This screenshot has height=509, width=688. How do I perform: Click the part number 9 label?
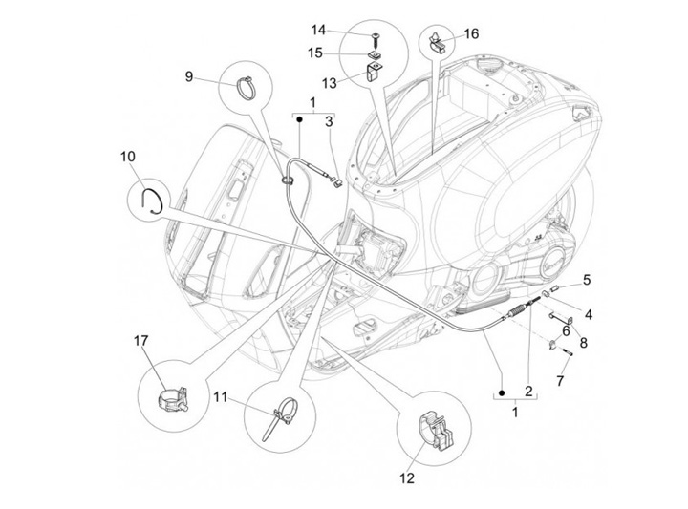pyautogui.click(x=189, y=75)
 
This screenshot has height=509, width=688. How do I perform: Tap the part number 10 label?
pyautogui.click(x=129, y=156)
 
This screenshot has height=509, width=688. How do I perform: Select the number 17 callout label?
pyautogui.click(x=141, y=341)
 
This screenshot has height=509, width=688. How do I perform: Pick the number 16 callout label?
pyautogui.click(x=472, y=33)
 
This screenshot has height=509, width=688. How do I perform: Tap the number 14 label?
pyautogui.click(x=318, y=30)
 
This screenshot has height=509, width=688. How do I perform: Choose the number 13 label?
pyautogui.click(x=330, y=83)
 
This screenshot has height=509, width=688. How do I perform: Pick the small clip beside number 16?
pyautogui.click(x=441, y=41)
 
